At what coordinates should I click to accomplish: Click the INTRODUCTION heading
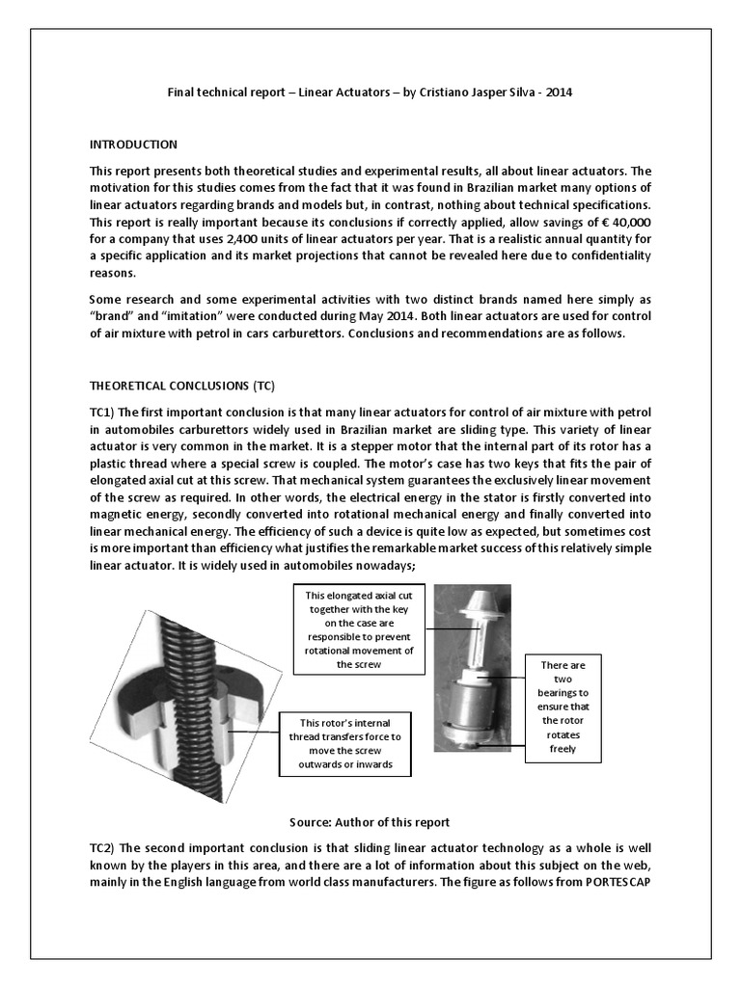pos(133,145)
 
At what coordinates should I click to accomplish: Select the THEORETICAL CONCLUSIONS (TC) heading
pos(182,387)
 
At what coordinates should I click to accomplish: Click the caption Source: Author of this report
pos(370,822)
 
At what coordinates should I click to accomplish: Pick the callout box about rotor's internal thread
pos(344,743)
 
